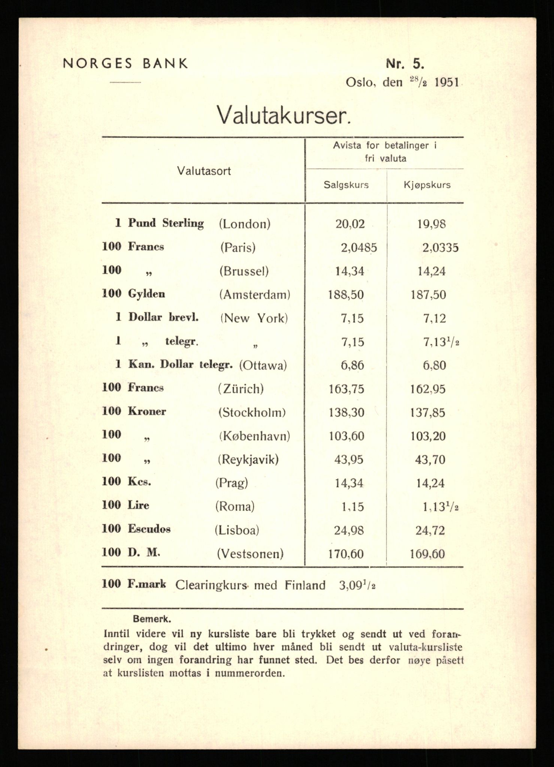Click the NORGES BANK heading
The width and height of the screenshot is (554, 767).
click(125, 64)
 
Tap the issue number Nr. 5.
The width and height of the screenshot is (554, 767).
click(405, 64)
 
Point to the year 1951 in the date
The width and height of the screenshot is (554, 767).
click(446, 82)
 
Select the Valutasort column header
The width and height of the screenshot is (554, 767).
click(204, 171)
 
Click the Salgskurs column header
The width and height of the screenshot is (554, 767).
click(346, 185)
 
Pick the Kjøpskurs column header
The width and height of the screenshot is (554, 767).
click(427, 185)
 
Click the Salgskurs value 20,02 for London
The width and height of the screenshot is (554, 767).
click(350, 224)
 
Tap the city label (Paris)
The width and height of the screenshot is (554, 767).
click(238, 248)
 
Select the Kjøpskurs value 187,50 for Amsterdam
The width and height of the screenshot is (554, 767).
click(428, 295)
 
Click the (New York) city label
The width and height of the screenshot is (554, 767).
click(254, 318)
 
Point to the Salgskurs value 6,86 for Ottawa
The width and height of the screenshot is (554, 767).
click(352, 366)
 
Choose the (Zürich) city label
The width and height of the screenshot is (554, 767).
click(241, 389)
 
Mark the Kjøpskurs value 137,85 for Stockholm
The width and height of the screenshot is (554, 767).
click(428, 413)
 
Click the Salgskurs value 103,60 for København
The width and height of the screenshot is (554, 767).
click(346, 436)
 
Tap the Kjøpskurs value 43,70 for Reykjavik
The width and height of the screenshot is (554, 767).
click(430, 460)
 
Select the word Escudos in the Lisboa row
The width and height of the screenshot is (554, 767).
click(149, 529)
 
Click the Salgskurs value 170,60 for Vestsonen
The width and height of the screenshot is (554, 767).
click(346, 554)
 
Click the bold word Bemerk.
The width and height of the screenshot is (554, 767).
click(152, 619)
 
